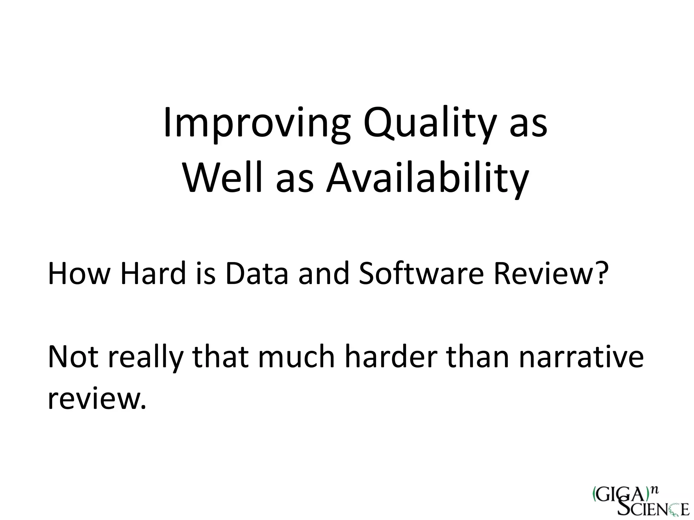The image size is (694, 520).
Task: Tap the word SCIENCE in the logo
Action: tap(652, 509)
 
